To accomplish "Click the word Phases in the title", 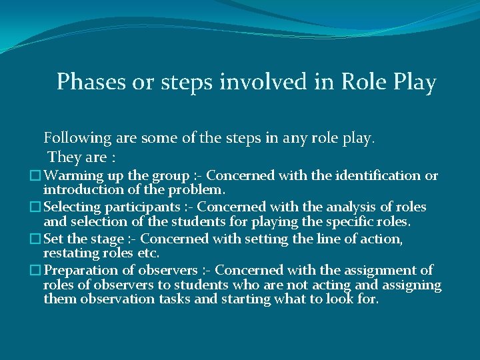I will click(84, 82).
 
